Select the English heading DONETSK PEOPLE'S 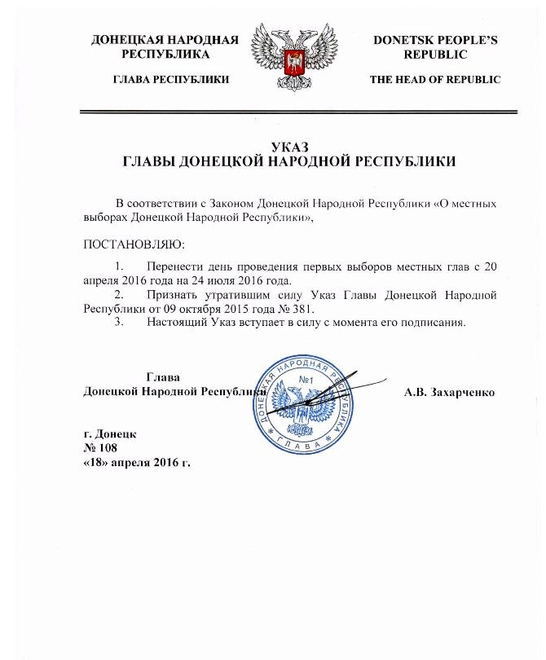(x=435, y=39)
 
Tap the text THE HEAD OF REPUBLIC (x=434, y=79)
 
